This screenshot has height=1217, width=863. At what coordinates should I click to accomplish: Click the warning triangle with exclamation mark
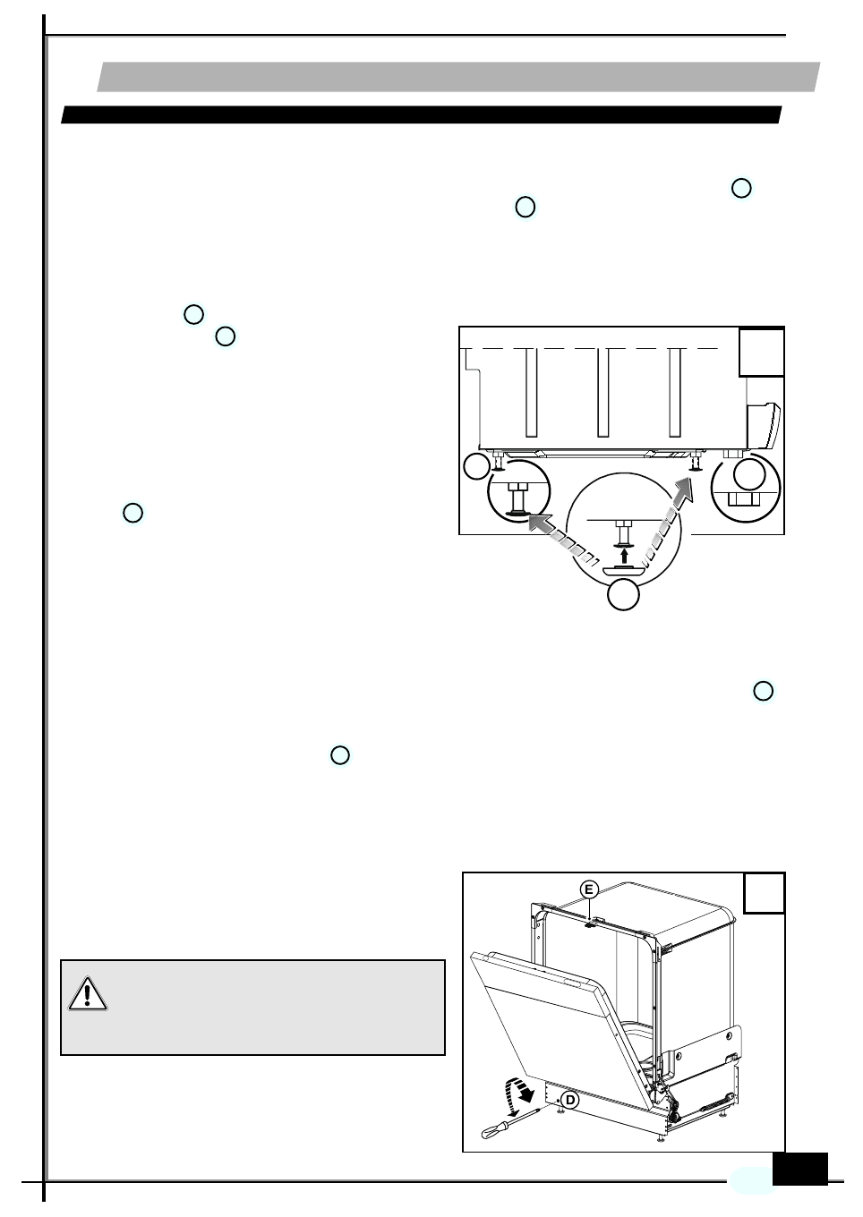tap(87, 993)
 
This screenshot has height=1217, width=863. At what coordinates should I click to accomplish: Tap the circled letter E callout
tap(588, 889)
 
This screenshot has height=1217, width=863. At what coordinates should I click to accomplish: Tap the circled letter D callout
tap(570, 1100)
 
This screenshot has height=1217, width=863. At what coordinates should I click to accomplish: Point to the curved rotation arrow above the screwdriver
tap(520, 1091)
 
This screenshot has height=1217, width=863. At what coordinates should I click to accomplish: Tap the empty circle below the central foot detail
tap(623, 595)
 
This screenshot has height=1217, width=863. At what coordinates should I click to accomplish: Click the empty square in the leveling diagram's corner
tap(761, 352)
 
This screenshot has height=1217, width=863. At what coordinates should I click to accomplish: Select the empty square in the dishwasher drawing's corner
tap(765, 893)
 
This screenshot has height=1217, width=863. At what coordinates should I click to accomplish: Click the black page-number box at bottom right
tap(799, 1169)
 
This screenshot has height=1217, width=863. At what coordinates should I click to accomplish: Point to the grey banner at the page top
tap(458, 77)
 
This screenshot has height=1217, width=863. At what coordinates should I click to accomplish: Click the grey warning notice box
tap(252, 1008)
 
